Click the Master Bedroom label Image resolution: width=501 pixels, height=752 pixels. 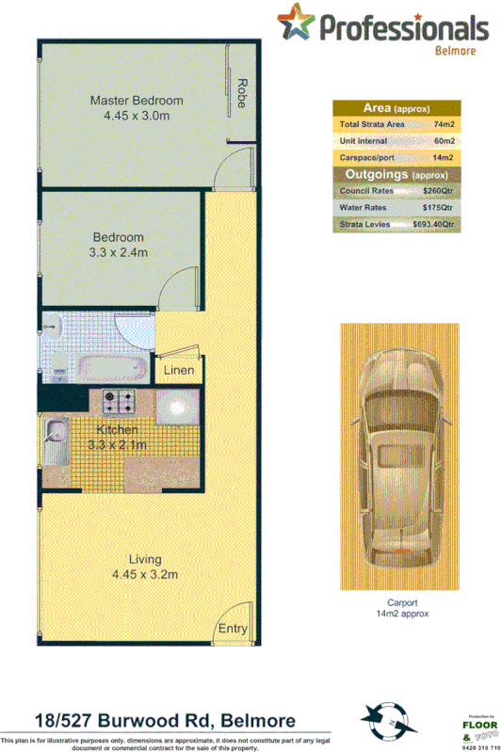click(137, 101)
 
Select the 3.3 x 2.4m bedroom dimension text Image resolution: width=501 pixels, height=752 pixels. click(119, 252)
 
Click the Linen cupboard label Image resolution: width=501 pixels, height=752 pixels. click(178, 370)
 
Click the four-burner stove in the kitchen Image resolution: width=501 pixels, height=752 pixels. click(121, 404)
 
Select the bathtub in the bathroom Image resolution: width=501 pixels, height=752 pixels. click(109, 367)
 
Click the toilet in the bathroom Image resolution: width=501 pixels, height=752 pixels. click(55, 327)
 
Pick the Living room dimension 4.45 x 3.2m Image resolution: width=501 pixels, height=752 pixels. click(145, 574)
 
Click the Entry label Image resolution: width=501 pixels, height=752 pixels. click(232, 628)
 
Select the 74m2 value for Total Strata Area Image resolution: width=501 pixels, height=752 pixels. click(444, 124)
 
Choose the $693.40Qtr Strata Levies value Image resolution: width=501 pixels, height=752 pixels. click(433, 224)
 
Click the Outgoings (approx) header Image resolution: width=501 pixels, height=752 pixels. click(396, 174)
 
